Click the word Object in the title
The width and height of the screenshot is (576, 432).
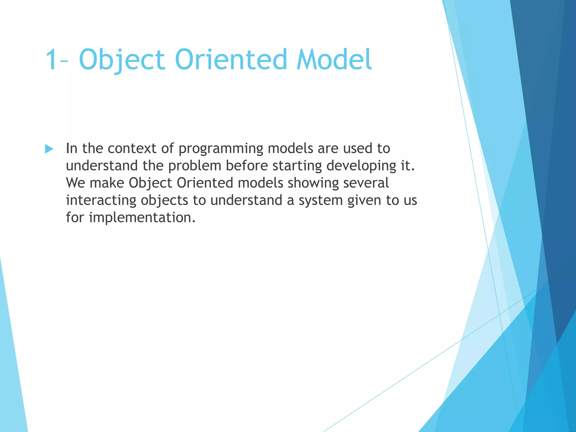[122, 60]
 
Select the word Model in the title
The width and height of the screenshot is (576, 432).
[334, 60]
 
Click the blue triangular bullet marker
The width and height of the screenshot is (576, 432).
[49, 149]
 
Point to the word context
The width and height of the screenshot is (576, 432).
[132, 148]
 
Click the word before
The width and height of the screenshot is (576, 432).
[247, 165]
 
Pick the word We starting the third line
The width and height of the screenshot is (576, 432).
[75, 183]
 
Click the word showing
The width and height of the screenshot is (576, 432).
[313, 183]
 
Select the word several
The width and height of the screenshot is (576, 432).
[366, 183]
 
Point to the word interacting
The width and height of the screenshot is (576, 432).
[101, 200]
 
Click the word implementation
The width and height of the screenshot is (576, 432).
[142, 218]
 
